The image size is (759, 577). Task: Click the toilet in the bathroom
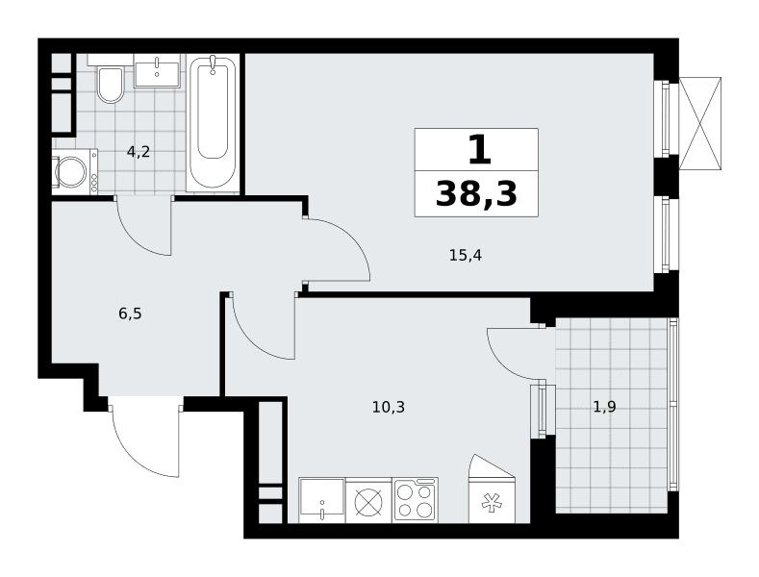pos(111,85)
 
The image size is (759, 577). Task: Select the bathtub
pos(213,122)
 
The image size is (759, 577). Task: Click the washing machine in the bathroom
pos(74,172)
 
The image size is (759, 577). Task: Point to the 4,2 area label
pos(139,152)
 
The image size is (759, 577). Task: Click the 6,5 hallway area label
pos(130,314)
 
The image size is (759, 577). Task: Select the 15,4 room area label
pos(466,255)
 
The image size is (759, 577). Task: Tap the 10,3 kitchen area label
pos(389,407)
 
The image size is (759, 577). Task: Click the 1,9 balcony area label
pos(604,407)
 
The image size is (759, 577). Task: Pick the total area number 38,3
pos(476,193)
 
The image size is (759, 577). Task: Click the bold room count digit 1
pos(480,150)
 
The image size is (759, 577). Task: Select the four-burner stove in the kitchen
pos(416,500)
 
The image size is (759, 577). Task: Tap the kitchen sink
pos(321,500)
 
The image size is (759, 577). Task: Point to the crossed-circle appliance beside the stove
pos(368,501)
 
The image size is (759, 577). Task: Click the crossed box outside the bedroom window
pos(700,123)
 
